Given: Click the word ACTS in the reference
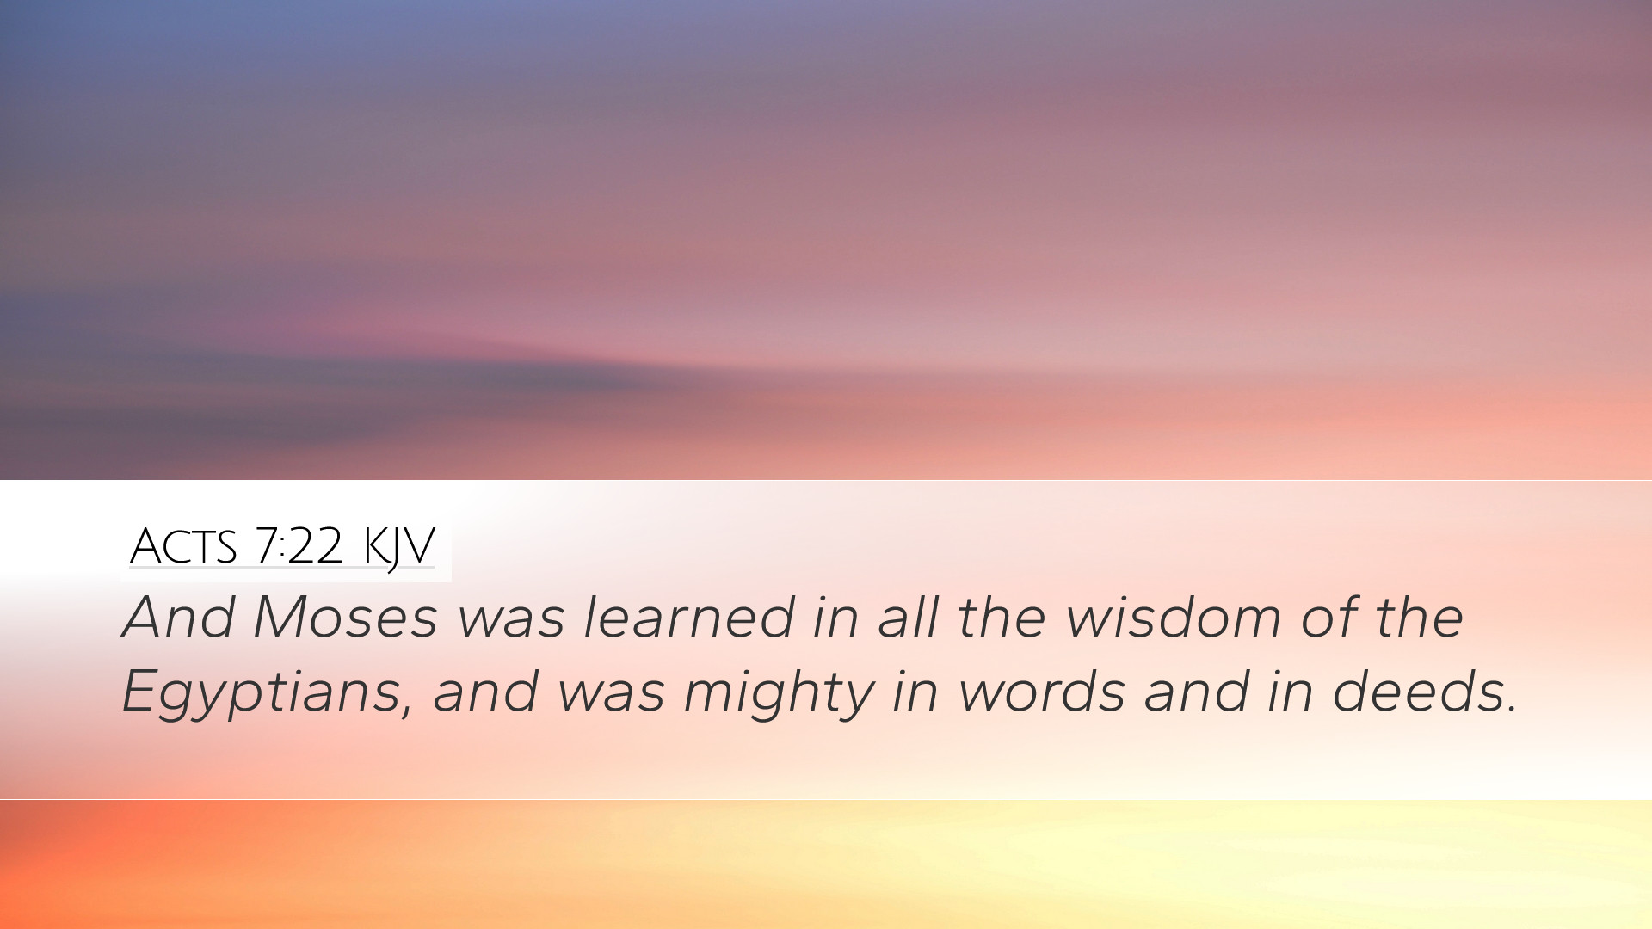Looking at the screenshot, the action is click(182, 546).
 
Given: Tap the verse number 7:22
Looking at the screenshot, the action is click(299, 546).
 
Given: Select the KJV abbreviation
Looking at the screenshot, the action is click(399, 548).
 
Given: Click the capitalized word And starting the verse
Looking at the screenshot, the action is click(180, 617).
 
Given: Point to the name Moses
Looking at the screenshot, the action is click(345, 617).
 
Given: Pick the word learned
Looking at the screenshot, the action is click(689, 617).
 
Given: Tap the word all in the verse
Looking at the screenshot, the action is click(908, 617).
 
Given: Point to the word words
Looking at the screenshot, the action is click(1041, 691).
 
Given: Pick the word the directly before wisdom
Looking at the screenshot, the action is click(1002, 617).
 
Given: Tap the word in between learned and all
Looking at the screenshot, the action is click(835, 617).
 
